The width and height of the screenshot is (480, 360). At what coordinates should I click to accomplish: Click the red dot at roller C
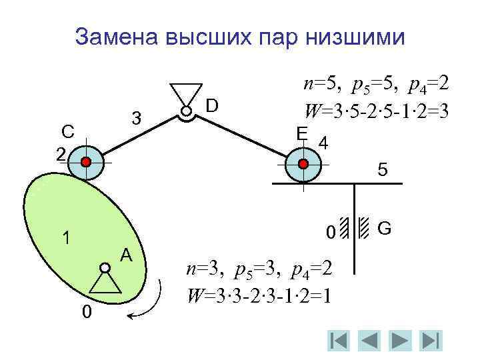tap(86, 162)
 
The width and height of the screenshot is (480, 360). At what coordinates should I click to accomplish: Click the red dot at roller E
tap(303, 163)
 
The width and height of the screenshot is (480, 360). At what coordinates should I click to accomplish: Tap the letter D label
tap(212, 105)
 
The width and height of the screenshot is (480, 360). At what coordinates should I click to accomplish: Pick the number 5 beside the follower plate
tap(383, 171)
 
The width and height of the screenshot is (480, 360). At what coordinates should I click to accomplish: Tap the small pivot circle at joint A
tap(105, 268)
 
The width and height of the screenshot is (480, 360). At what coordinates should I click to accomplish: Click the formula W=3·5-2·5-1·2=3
tap(376, 109)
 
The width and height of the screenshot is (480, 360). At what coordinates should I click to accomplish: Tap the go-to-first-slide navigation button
tap(339, 340)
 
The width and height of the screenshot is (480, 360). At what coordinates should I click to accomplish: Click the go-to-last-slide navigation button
tap(431, 340)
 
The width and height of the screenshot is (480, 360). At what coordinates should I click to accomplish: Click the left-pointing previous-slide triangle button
tap(370, 340)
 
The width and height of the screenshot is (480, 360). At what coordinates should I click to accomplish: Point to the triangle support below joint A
tap(105, 283)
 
